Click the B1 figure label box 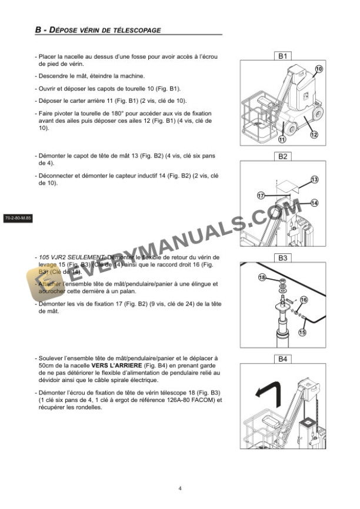pos(282,56)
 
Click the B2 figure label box pos(282,157)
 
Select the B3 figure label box pos(282,257)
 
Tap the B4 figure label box pos(282,358)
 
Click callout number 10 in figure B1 pos(319,69)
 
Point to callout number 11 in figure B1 pos(282,139)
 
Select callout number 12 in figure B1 pos(314,135)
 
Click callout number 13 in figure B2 pos(314,179)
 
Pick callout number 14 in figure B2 pos(314,202)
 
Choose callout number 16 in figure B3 pos(304,300)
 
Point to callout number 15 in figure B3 pos(303,332)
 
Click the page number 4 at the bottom pos(180,487)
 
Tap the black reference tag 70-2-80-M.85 pos(18,218)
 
